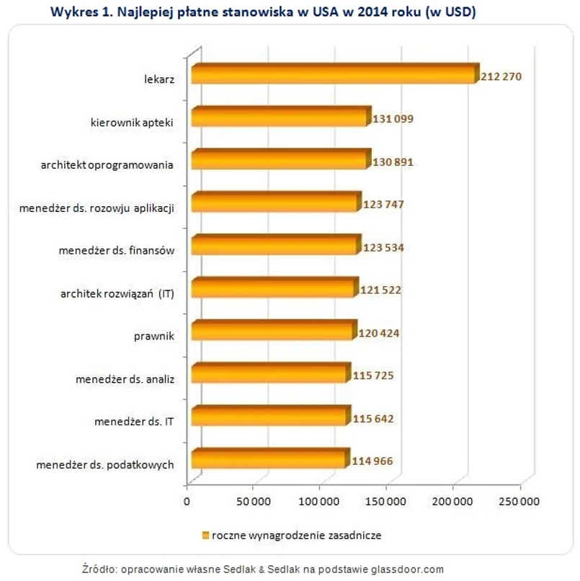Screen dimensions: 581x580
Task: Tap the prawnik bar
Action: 273,332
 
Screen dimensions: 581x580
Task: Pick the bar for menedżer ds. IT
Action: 269,417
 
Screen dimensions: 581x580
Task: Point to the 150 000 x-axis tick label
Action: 386,501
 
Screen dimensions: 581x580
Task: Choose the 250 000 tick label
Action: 519,501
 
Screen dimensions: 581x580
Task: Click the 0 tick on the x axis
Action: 187,501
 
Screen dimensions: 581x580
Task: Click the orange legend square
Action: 205,536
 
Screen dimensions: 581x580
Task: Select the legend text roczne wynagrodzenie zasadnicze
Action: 295,536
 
